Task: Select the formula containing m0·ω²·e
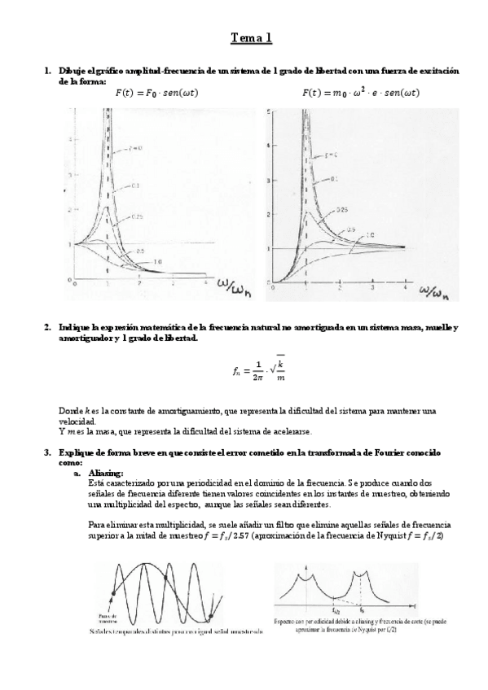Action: [x=361, y=93]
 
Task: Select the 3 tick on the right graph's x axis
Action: [x=372, y=289]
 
